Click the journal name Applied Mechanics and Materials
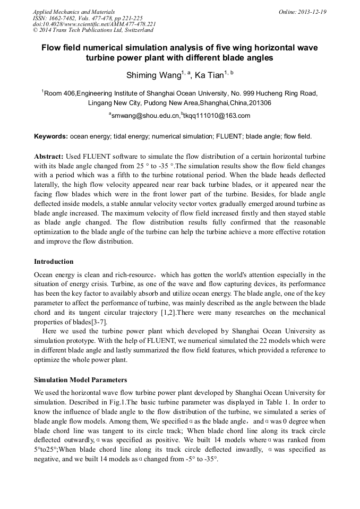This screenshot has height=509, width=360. (x=73, y=11)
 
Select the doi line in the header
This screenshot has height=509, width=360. (x=94, y=24)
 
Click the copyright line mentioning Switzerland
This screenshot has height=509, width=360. (x=93, y=30)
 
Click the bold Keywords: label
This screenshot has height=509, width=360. (x=51, y=136)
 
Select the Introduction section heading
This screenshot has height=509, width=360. (x=54, y=262)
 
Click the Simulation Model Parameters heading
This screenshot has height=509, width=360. (x=80, y=380)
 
